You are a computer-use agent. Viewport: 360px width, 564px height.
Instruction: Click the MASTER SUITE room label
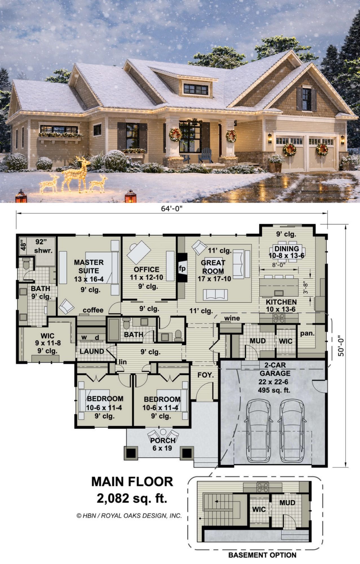pyautogui.click(x=89, y=266)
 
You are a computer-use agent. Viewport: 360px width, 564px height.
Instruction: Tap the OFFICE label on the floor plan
pyautogui.click(x=147, y=269)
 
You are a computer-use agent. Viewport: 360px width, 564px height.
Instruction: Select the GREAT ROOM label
pyautogui.click(x=213, y=267)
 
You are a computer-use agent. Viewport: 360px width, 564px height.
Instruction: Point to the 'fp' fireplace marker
pyautogui.click(x=182, y=268)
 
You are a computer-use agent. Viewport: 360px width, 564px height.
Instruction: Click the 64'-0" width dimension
pyautogui.click(x=172, y=209)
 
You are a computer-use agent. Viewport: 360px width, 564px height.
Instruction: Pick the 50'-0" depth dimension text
pyautogui.click(x=341, y=345)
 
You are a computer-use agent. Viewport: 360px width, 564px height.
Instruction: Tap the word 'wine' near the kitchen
pyautogui.click(x=232, y=318)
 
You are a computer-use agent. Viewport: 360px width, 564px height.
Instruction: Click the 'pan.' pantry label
pyautogui.click(x=307, y=333)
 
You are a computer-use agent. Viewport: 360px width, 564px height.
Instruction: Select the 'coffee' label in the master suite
pyautogui.click(x=93, y=310)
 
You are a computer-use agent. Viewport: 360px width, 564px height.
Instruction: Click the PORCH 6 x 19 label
pyautogui.click(x=162, y=444)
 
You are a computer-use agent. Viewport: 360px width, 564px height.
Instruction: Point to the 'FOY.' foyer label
pyautogui.click(x=206, y=375)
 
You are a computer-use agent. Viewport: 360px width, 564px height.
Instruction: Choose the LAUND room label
pyautogui.click(x=92, y=351)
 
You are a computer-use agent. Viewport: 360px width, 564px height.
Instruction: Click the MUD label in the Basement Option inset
pyautogui.click(x=287, y=503)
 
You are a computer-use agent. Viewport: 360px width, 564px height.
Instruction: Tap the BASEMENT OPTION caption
pyautogui.click(x=262, y=555)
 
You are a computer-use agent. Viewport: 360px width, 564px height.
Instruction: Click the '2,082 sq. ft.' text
pyautogui.click(x=132, y=498)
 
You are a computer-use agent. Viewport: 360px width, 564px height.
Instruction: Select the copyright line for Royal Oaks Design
pyautogui.click(x=129, y=515)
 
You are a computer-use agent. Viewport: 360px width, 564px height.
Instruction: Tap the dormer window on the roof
pyautogui.click(x=196, y=89)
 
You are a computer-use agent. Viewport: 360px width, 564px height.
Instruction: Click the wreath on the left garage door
pyautogui.click(x=290, y=149)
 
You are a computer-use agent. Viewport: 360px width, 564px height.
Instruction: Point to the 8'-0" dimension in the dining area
pyautogui.click(x=279, y=265)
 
